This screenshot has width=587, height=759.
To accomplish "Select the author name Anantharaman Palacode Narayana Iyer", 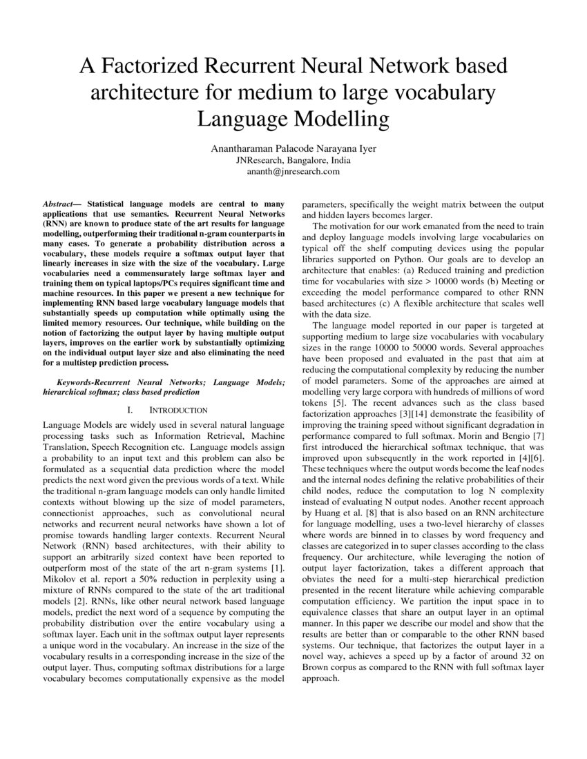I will click(x=293, y=148).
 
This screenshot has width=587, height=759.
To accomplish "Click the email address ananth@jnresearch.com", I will click(x=293, y=172).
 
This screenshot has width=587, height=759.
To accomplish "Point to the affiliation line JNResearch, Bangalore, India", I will click(x=293, y=160).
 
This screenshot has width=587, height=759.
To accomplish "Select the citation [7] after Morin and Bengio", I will click(x=539, y=436).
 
